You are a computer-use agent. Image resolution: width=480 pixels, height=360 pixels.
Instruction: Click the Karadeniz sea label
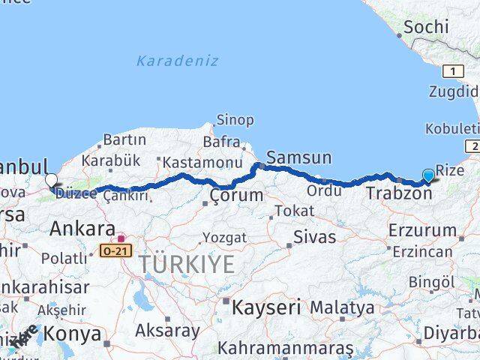tap(177, 61)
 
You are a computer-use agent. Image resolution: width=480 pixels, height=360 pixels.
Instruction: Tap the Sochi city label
tap(426, 28)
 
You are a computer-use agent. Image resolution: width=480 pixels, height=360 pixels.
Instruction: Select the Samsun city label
tap(298, 157)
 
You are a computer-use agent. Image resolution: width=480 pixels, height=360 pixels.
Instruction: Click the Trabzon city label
tap(399, 193)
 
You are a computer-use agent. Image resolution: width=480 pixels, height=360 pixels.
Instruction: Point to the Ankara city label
tap(82, 229)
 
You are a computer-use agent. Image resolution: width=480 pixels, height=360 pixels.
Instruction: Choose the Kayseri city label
tap(266, 307)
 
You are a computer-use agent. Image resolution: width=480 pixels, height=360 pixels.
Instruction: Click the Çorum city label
tap(236, 196)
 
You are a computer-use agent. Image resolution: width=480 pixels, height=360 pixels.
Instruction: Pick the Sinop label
tap(235, 120)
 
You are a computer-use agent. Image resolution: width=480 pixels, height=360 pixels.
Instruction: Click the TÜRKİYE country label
tap(185, 263)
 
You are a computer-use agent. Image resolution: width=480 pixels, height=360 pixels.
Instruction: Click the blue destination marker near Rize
tap(428, 175)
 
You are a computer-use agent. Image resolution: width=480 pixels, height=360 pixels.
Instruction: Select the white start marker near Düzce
tap(51, 180)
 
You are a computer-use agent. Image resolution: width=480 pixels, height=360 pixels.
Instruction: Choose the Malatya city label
tap(342, 307)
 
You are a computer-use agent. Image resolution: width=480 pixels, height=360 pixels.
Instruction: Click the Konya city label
tap(73, 333)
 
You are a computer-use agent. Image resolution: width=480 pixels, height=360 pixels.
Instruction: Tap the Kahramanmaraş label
tap(285, 349)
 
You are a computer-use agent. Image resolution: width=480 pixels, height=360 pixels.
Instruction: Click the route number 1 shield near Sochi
tap(453, 71)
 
